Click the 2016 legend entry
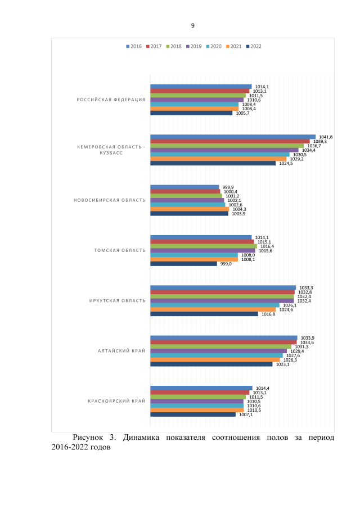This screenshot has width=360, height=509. click(134, 46)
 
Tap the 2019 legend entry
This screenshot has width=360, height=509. click(194, 46)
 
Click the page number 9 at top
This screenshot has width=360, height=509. click(192, 26)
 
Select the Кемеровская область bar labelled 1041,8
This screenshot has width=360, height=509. click(233, 137)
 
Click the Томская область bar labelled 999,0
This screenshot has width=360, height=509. click(183, 264)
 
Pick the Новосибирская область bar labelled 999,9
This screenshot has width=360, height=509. click(184, 187)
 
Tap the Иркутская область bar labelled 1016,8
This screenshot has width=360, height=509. click(204, 314)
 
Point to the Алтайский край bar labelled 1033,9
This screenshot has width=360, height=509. click(223, 337)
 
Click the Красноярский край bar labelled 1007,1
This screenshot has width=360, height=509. click(193, 415)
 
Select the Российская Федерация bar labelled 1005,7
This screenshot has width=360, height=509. click(191, 113)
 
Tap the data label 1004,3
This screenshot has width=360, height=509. click(239, 209)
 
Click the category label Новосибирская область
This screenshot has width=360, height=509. click(110, 200)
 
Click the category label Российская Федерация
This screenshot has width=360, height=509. click(111, 100)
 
